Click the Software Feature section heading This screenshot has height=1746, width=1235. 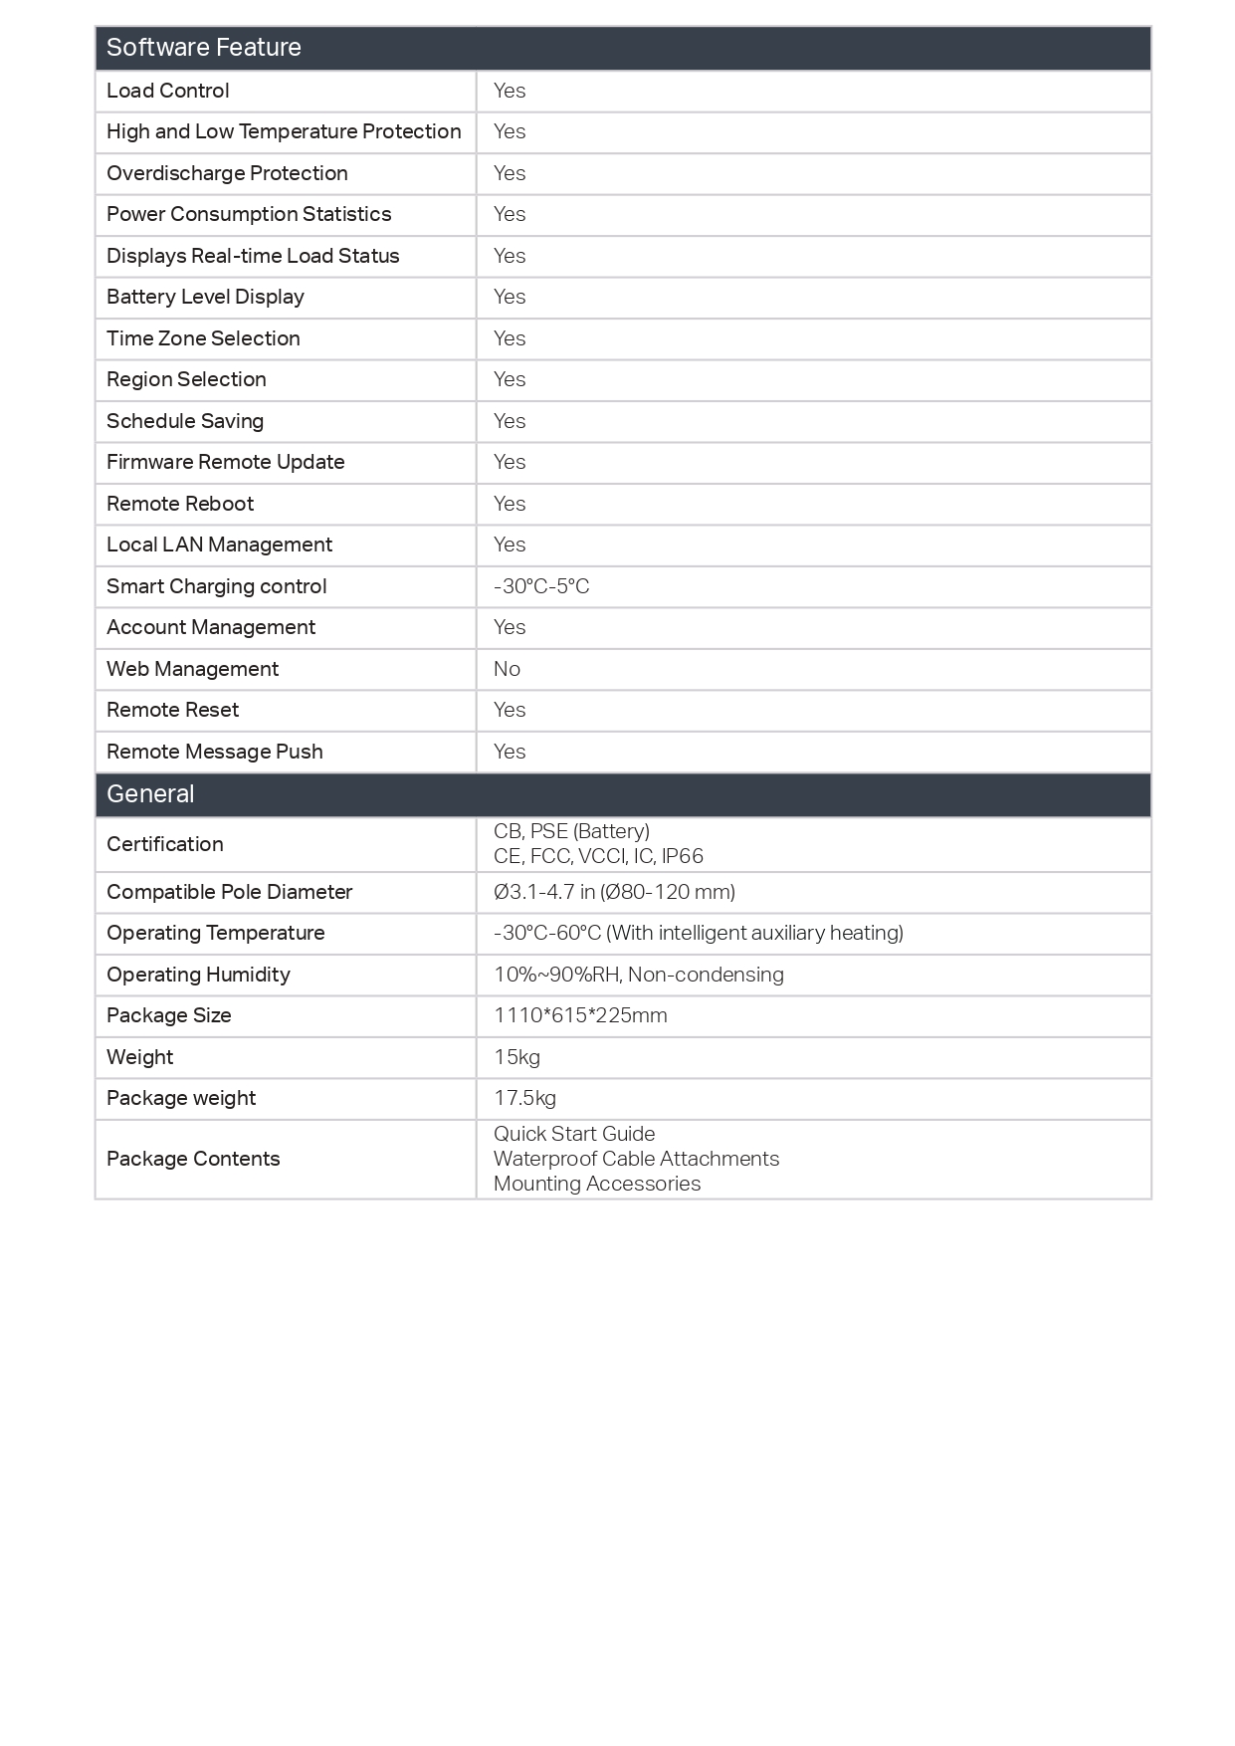pos(204,48)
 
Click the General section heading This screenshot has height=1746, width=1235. pos(150,794)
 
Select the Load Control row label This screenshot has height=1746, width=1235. pos(168,91)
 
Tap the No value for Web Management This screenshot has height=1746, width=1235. pos(507,669)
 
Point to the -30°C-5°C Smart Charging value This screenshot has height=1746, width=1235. pos(541,586)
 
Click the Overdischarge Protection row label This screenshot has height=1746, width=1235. pos(227,173)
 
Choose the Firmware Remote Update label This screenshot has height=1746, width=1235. pos(226,462)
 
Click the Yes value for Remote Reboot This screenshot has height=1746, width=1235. pos(510,504)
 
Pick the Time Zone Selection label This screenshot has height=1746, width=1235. pos(203,338)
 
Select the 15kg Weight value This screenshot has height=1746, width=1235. pos(516,1057)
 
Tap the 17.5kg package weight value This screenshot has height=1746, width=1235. pos(524,1098)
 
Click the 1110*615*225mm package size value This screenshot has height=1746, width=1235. pos(580,1015)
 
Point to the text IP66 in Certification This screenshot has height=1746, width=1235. pos(683,856)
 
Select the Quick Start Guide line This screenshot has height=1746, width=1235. pos(574,1134)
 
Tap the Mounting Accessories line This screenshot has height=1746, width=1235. pos(597,1184)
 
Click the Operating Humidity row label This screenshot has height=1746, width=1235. pos(198,975)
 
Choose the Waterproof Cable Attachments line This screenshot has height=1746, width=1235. pos(636,1159)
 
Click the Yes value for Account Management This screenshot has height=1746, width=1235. pos(510,627)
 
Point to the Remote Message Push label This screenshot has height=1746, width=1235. pos(215,752)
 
